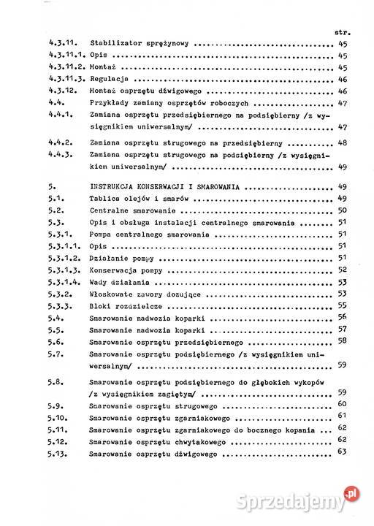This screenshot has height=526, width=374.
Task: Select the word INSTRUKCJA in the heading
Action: coord(115,186)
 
